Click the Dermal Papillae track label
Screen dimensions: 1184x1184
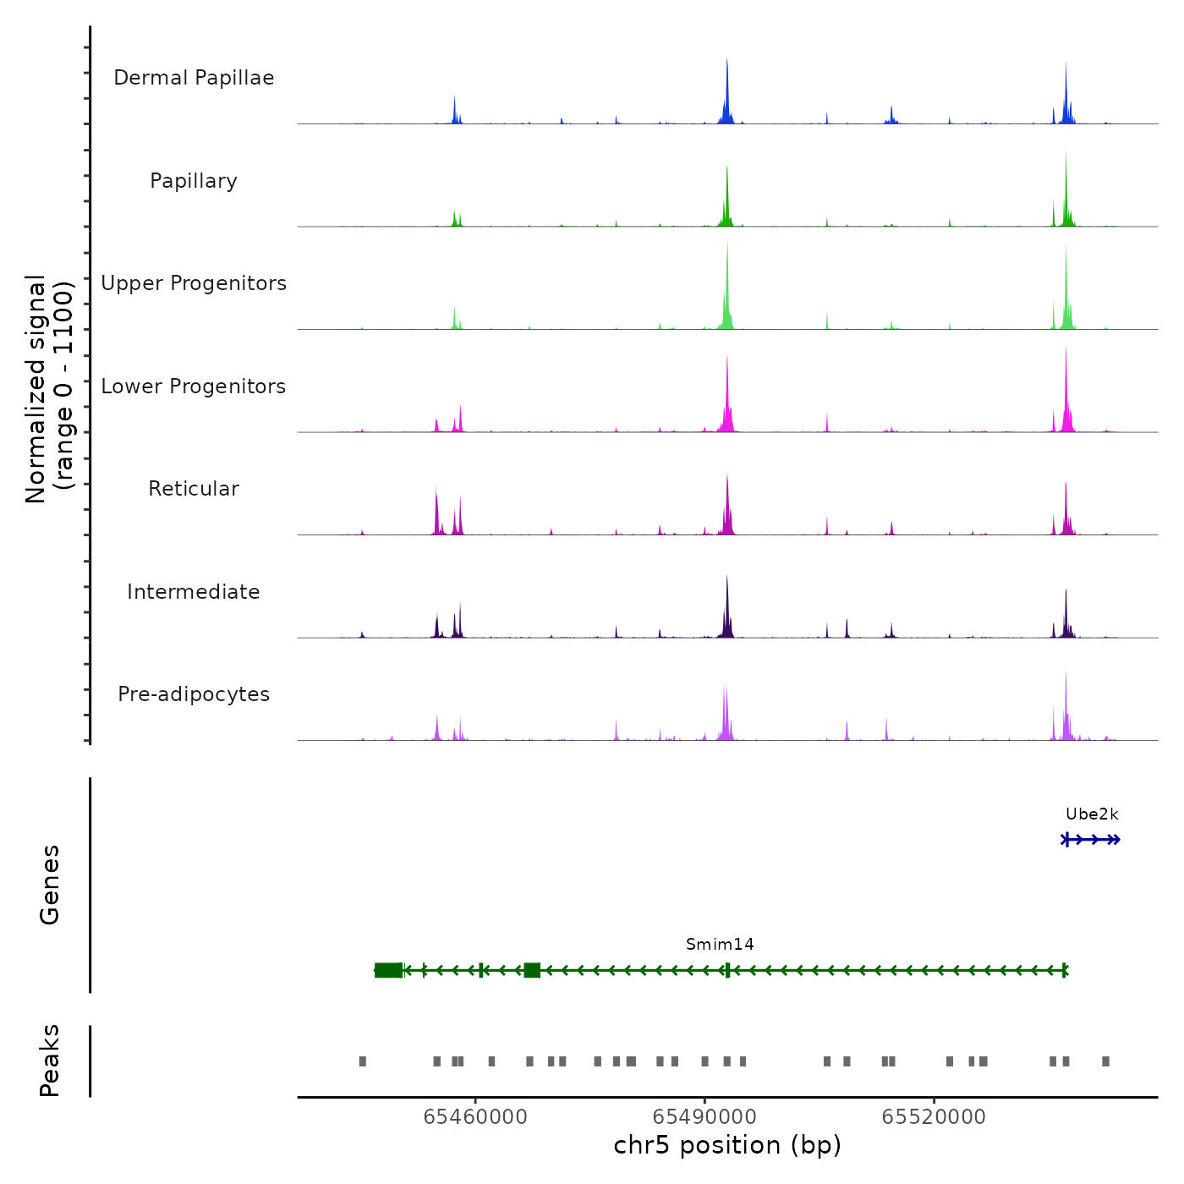[194, 78]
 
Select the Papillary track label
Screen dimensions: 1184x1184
[194, 181]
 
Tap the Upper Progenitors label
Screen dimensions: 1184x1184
[194, 283]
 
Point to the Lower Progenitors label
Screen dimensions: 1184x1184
[194, 386]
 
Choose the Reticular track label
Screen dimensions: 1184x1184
[194, 489]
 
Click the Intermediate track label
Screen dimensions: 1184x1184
[194, 592]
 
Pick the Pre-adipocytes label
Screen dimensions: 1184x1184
[194, 694]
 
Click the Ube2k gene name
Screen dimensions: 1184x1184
[1092, 814]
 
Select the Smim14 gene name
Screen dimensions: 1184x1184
[720, 945]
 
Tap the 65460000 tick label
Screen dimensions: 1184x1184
[475, 1117]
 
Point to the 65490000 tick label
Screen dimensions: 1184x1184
[704, 1117]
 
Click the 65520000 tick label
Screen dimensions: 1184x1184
[934, 1117]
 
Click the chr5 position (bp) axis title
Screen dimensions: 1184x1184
[727, 1146]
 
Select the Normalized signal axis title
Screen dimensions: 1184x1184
[49, 389]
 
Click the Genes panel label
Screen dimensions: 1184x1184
[50, 885]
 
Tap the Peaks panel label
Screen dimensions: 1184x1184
[50, 1061]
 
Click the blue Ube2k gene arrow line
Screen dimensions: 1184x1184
[1092, 840]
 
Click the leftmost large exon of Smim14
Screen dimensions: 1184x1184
[389, 970]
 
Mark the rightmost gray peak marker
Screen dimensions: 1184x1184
[1105, 1061]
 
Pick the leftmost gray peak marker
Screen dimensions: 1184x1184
[363, 1061]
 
